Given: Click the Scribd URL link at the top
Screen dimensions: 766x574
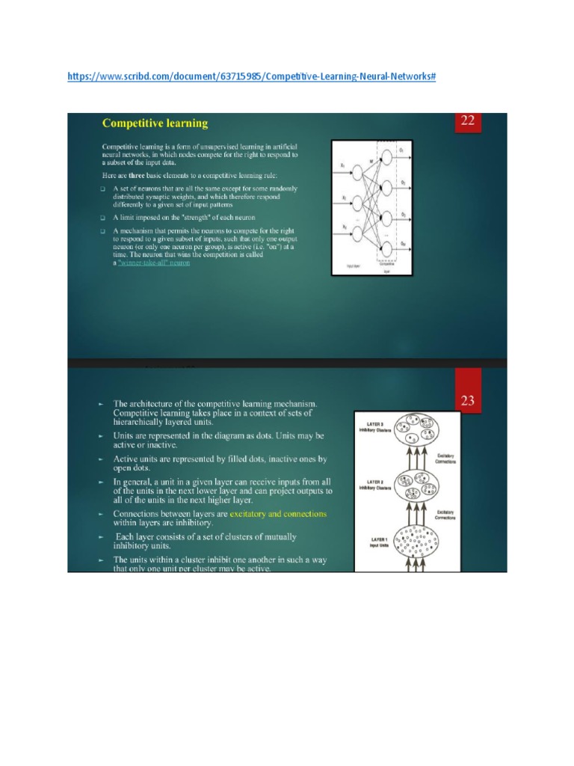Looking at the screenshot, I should click(x=251, y=76).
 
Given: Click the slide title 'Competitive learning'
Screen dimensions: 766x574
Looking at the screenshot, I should click(x=155, y=123).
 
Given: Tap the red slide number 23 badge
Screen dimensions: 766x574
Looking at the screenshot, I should click(x=468, y=400).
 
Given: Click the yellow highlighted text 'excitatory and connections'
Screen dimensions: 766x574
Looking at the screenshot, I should click(x=278, y=515).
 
